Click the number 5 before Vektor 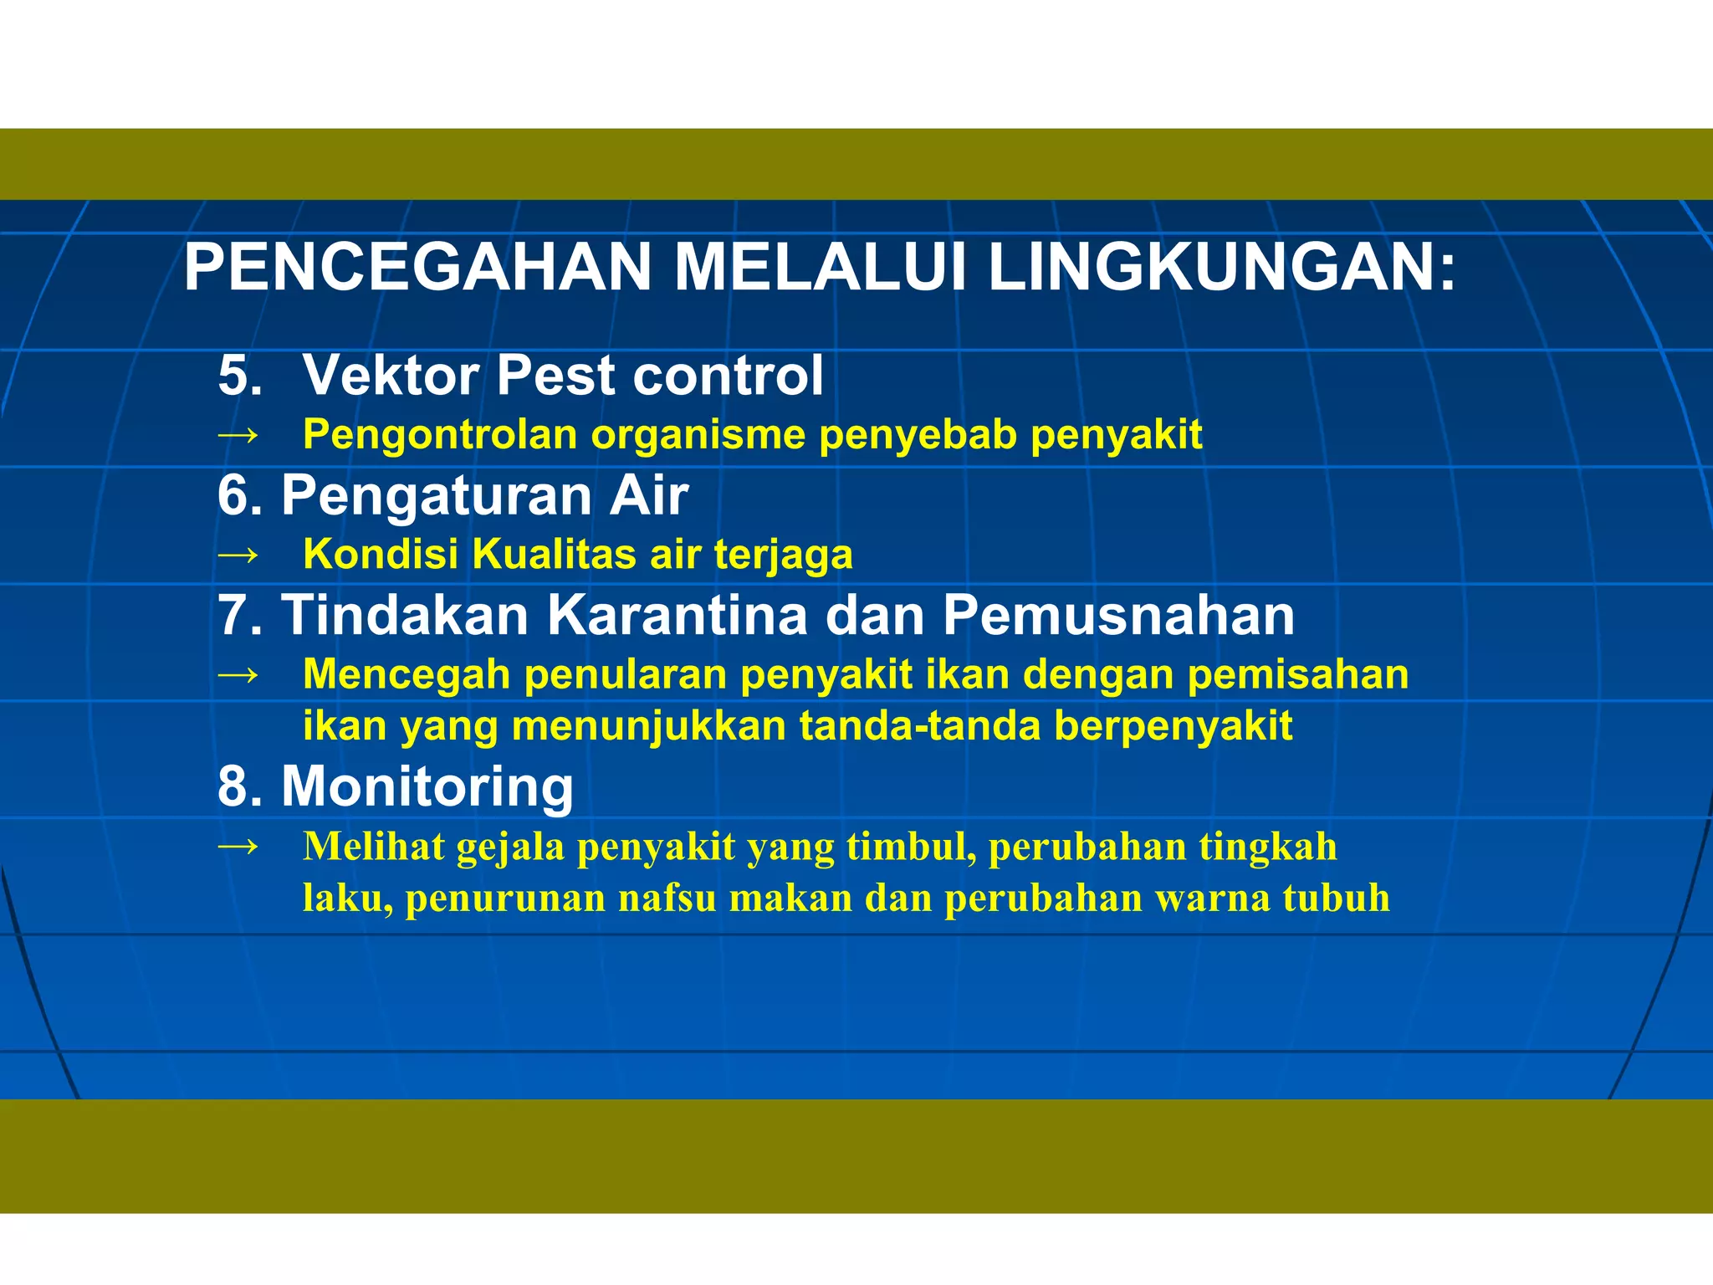point(234,375)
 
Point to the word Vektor point(391,375)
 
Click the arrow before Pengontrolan point(238,435)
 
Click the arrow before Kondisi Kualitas point(238,555)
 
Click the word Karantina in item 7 point(678,616)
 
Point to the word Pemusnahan point(1118,616)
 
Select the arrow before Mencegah point(238,674)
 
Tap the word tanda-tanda point(919,725)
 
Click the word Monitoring point(427,787)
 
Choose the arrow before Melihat point(238,847)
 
